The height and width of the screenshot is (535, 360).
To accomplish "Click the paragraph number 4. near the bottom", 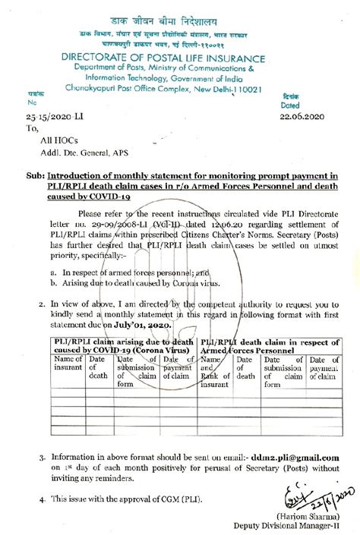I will [x=41, y=501].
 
